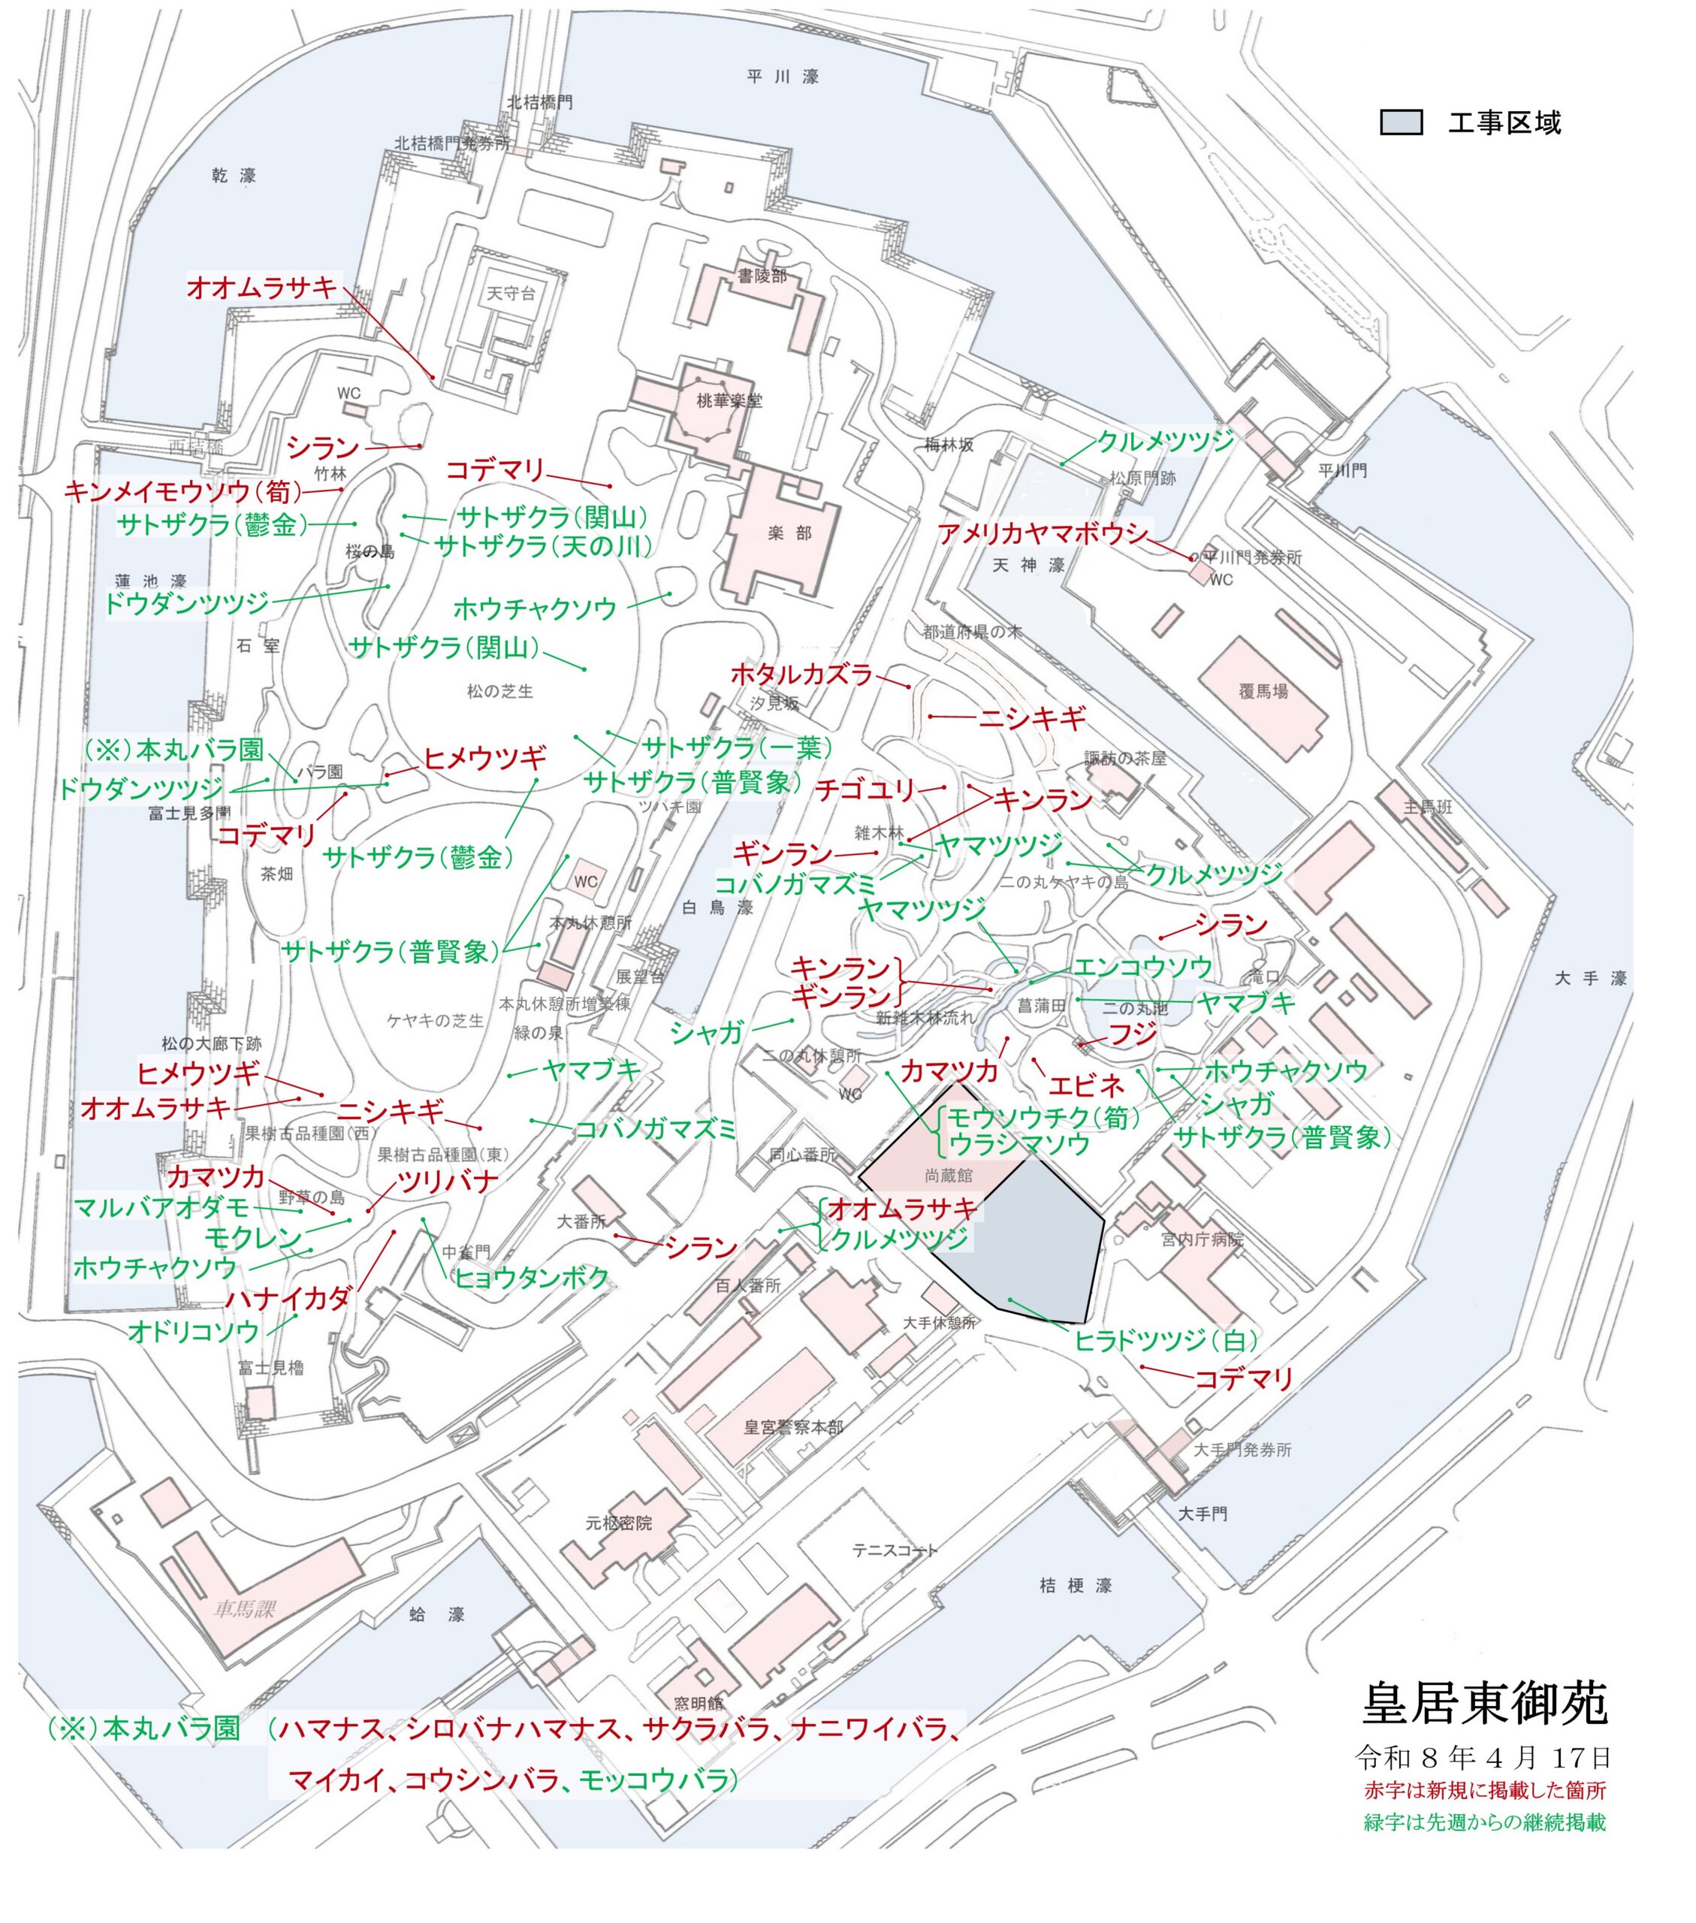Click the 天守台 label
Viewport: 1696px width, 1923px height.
[511, 293]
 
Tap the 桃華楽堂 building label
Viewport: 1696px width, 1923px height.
[729, 401]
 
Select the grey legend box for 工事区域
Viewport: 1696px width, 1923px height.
[1401, 122]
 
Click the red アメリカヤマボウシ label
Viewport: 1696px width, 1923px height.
[1043, 534]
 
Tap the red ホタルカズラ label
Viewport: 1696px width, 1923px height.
[801, 674]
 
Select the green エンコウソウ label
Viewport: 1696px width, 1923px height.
[1142, 966]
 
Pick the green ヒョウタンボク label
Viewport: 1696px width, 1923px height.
[532, 1277]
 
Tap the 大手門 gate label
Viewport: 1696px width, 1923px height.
[1203, 1513]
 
